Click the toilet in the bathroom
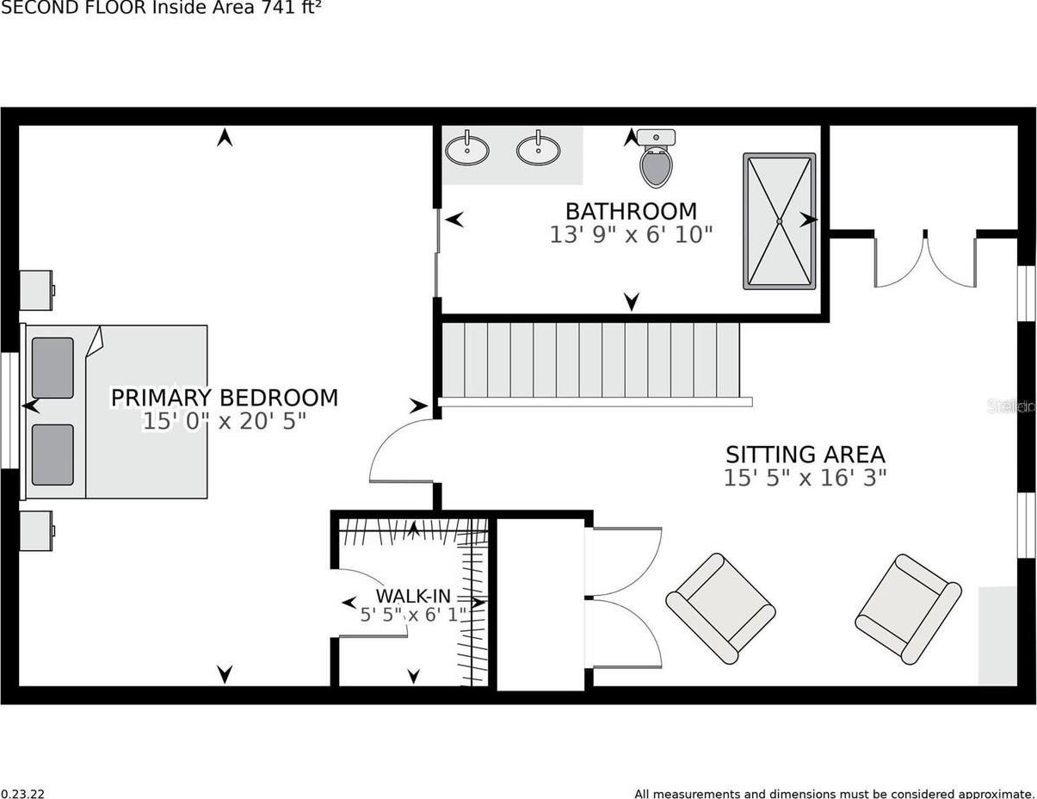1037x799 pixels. click(x=656, y=158)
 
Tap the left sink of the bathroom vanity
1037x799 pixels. click(x=466, y=149)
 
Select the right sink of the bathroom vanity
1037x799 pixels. click(x=539, y=149)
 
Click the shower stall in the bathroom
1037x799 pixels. click(x=780, y=221)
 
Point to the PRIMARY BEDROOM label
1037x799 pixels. click(x=225, y=398)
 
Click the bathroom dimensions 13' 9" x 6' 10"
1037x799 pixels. click(x=631, y=235)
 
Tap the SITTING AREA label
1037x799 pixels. click(x=805, y=455)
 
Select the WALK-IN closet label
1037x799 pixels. click(x=413, y=596)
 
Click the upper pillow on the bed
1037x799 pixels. click(x=52, y=368)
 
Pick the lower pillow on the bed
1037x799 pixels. click(x=52, y=455)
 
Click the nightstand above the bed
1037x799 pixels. click(x=37, y=290)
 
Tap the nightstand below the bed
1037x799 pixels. click(x=37, y=530)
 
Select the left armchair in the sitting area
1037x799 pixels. click(x=720, y=608)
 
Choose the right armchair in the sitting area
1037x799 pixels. click(x=908, y=609)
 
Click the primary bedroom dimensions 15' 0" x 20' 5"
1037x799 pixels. click(x=225, y=422)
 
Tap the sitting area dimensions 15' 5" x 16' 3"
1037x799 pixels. click(x=805, y=478)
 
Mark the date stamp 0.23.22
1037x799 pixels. click(x=22, y=793)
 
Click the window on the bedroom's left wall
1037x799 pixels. click(x=9, y=411)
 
